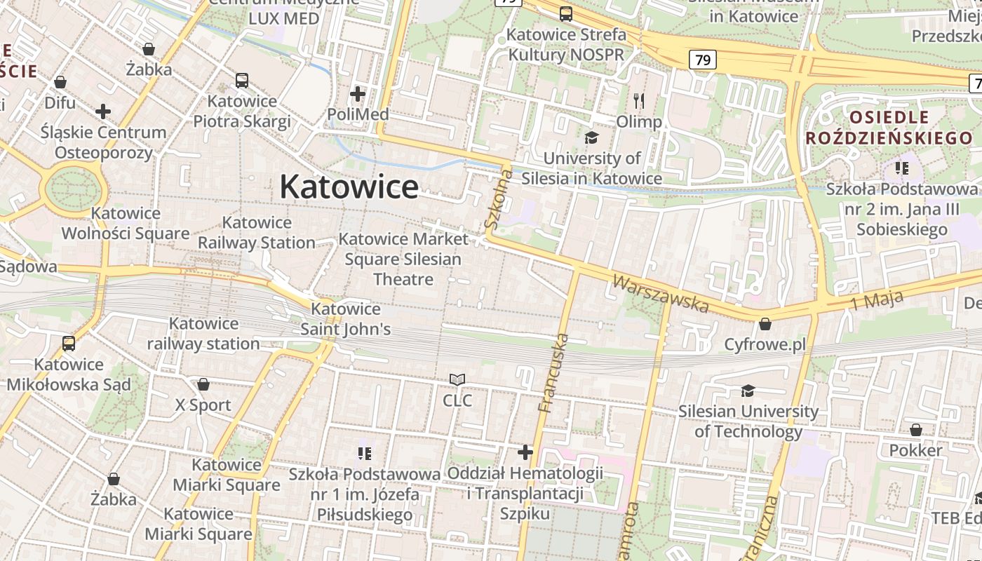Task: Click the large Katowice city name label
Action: tap(349, 187)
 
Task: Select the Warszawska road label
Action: tap(661, 293)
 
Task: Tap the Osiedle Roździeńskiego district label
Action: tap(889, 127)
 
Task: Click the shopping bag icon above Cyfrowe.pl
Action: tap(765, 324)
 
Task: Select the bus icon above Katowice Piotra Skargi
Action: tap(242, 81)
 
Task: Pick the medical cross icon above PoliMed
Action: tap(358, 93)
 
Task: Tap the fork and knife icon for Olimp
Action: tap(638, 100)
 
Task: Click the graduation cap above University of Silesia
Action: tap(592, 137)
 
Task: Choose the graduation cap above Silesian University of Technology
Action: tap(748, 391)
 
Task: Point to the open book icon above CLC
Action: tap(457, 380)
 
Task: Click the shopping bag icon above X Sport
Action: tap(203, 384)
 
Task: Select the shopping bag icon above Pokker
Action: tap(916, 429)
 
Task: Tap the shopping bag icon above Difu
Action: tap(60, 82)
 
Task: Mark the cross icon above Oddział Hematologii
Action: tap(525, 452)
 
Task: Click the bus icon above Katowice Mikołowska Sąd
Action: tap(69, 344)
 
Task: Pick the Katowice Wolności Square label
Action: tap(126, 223)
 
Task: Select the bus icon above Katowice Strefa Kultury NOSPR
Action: tap(566, 13)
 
